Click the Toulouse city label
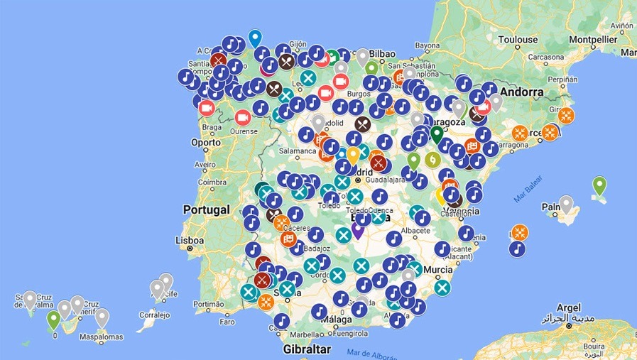tap(518, 40)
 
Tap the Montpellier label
tap(590, 40)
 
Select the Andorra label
tap(521, 92)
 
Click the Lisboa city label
tap(190, 240)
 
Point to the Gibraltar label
tap(307, 349)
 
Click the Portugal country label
tap(207, 209)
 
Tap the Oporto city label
tap(205, 142)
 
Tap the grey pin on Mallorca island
tap(566, 204)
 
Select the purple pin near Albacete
tap(358, 229)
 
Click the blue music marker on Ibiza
tap(518, 249)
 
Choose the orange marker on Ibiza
tap(521, 232)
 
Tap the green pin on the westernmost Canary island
tap(53, 320)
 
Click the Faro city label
tap(227, 321)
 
